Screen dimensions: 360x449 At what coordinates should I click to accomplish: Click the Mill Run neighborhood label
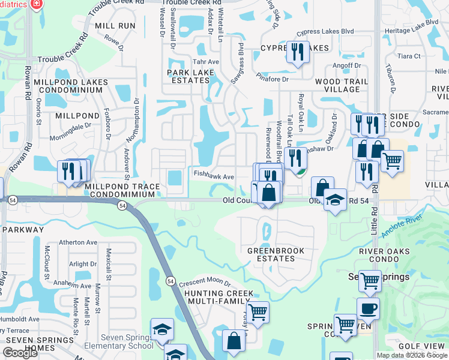pos(115,26)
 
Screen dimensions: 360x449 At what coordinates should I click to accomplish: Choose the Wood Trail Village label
pos(337,85)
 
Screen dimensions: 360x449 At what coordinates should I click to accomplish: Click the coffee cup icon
pos(368,308)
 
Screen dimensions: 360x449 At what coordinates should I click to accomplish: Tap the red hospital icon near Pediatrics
pos(37,4)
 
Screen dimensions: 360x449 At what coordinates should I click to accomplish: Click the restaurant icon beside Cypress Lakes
pos(298,52)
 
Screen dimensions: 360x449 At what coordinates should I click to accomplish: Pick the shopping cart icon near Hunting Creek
pos(258,311)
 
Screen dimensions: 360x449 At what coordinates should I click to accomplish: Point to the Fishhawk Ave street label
pos(213,177)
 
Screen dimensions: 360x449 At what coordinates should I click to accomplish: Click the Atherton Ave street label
pos(77,242)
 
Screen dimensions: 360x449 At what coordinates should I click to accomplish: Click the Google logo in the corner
pos(20,352)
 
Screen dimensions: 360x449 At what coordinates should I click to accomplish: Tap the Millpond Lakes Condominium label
pos(71,86)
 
